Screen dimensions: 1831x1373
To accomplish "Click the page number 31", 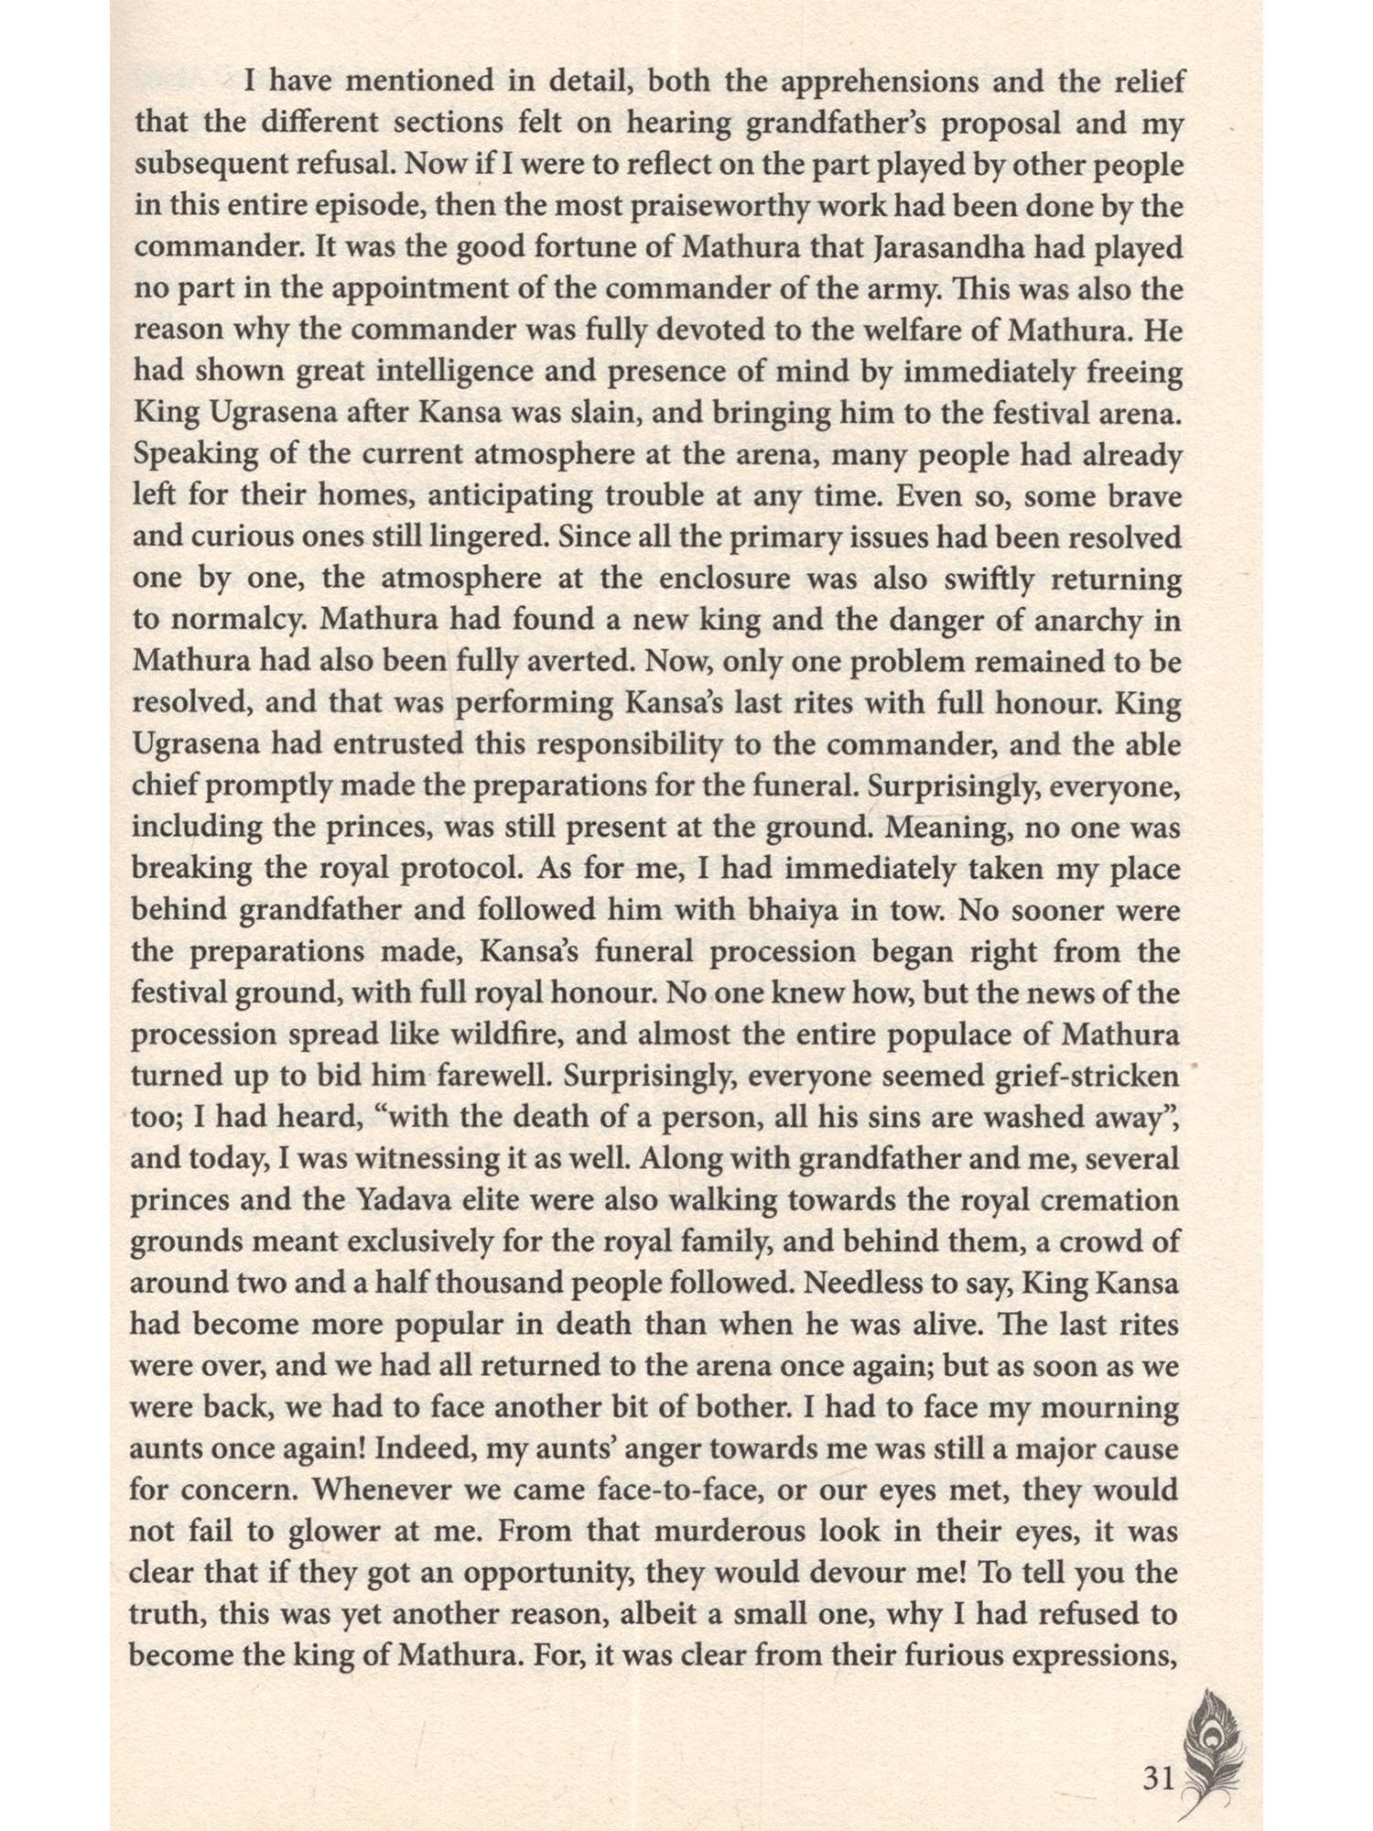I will click(1158, 1752).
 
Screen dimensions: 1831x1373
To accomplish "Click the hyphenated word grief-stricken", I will click(1084, 1076).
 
